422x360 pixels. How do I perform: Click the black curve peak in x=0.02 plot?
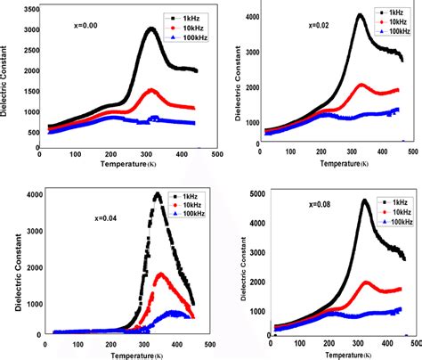click(360, 15)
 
